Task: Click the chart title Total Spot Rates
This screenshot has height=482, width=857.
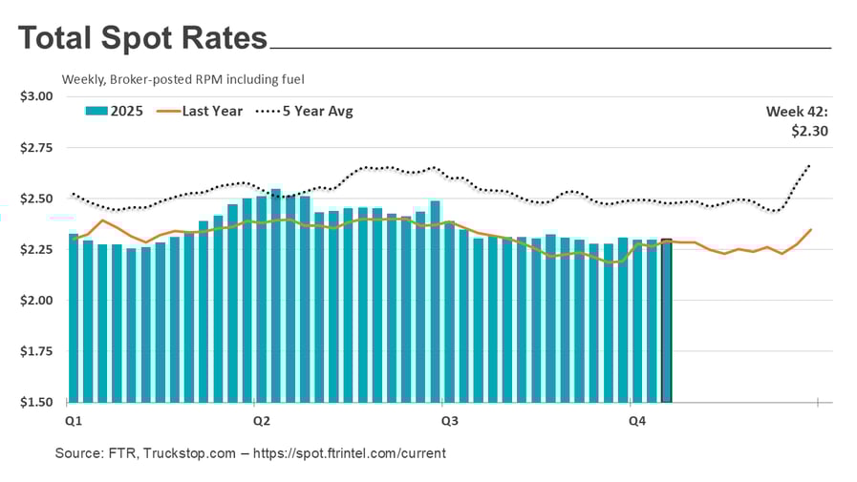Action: (142, 38)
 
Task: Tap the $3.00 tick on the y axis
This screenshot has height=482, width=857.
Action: (36, 96)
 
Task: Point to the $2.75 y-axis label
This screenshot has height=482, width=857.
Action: (36, 148)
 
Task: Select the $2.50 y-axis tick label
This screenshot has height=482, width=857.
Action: (36, 199)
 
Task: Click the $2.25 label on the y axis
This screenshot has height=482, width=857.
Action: (36, 249)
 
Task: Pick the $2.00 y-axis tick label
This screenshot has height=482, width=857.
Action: (36, 301)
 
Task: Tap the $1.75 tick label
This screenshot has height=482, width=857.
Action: (36, 351)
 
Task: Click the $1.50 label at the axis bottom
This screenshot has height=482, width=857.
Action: (36, 402)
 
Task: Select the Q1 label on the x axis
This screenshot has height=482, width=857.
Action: (72, 420)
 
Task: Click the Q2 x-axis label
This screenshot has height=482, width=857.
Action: (259, 420)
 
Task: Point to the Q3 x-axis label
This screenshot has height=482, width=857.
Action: (445, 420)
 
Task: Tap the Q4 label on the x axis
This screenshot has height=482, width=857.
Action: (632, 420)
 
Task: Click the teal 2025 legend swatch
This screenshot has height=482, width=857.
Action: (96, 112)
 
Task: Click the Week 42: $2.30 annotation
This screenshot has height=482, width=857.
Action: (797, 121)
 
